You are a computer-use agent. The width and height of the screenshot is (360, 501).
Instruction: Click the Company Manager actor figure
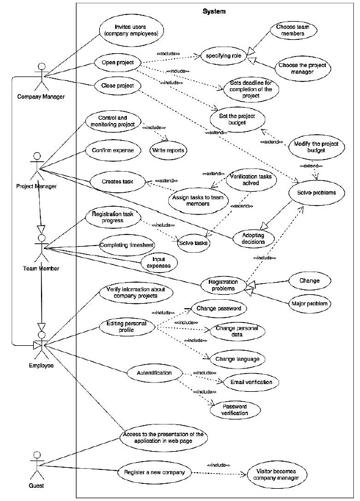click(x=39, y=77)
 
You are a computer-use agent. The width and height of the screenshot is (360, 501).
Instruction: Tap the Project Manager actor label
click(x=36, y=186)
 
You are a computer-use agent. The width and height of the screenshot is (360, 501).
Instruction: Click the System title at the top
click(x=214, y=11)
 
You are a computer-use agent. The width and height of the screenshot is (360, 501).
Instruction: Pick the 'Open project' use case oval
click(x=117, y=63)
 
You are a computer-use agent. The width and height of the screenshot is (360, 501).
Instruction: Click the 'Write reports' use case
click(x=169, y=150)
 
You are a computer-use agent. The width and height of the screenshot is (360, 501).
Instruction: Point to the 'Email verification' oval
click(x=248, y=382)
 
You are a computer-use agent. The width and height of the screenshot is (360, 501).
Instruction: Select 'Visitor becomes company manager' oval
click(x=279, y=473)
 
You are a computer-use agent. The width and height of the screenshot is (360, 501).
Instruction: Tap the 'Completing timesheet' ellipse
click(x=126, y=244)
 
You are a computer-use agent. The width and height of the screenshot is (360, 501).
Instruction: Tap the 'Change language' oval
click(x=237, y=359)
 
